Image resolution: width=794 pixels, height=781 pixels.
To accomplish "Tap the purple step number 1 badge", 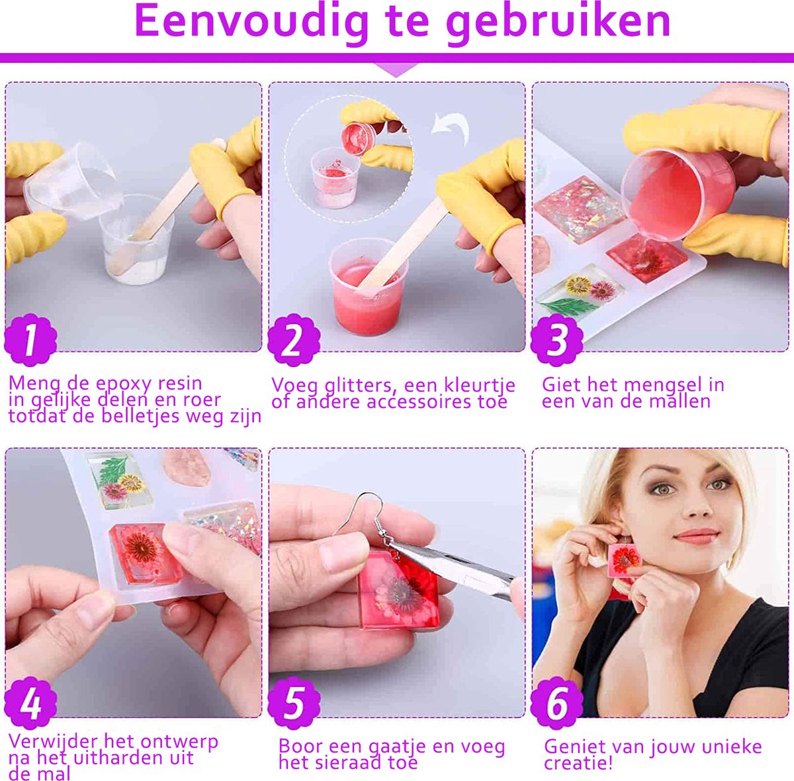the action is click(x=30, y=340).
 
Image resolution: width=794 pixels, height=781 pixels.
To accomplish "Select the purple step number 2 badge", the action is click(x=294, y=340).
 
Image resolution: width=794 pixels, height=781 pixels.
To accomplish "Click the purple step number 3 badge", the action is click(x=557, y=340).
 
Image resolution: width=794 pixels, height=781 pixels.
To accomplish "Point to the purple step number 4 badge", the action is click(x=30, y=704).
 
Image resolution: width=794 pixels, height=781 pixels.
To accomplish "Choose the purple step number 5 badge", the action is click(x=294, y=704).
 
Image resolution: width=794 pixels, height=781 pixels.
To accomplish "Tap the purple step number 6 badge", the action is click(x=557, y=704).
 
